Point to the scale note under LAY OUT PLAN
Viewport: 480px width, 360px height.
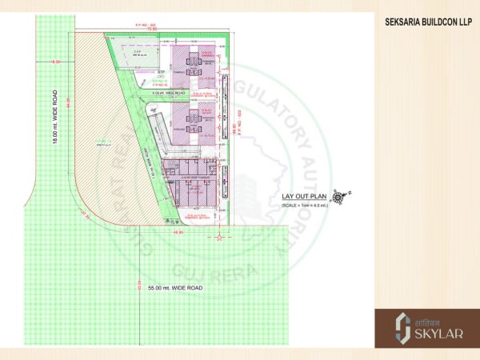pyautogui.click(x=309, y=206)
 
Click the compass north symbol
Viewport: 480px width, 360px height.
pyautogui.click(x=342, y=195)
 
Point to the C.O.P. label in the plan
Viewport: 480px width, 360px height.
pyautogui.click(x=138, y=54)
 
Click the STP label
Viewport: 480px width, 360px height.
pyautogui.click(x=161, y=72)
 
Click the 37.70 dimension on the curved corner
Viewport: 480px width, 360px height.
pyautogui.click(x=83, y=214)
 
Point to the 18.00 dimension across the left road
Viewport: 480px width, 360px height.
pyautogui.click(x=56, y=62)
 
